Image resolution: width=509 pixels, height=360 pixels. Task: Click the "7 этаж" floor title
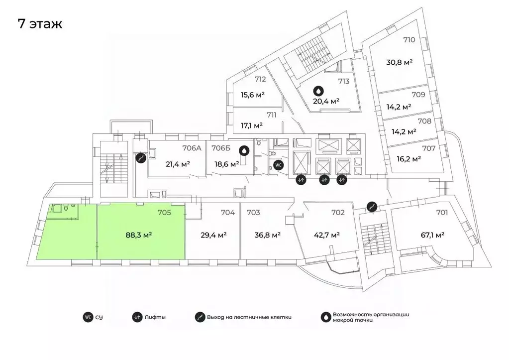pos(40,24)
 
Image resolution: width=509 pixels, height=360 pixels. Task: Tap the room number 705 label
pos(164,213)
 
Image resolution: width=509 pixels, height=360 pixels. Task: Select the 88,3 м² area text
pos(139,235)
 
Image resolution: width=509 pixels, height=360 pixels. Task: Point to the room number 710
pos(409,40)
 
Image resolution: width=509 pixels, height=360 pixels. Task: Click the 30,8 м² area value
pos(399,62)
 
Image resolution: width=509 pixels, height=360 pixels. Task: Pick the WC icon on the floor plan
pos(279,165)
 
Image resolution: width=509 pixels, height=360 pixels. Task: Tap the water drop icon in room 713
pos(319,90)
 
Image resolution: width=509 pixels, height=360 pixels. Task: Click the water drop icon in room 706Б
pos(244,150)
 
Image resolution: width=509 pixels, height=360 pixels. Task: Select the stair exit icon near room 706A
pos(141,158)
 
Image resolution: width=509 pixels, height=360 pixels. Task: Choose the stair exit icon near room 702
pos(372,206)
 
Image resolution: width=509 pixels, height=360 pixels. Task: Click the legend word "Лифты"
pos(155,317)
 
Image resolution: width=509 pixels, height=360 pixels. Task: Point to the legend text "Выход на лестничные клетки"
pos(249,317)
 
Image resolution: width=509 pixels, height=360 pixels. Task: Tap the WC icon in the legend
pos(88,317)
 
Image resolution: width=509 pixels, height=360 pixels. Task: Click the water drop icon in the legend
pos(325,317)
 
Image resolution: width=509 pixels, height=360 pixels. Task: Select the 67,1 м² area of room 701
pos(432,235)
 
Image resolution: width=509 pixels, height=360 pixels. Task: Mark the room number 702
pos(338,213)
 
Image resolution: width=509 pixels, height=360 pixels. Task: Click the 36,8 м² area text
pos(268,235)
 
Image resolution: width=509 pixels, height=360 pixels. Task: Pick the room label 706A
pos(192,148)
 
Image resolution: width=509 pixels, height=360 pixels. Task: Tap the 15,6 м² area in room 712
pos(253,95)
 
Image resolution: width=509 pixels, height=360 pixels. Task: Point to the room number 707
pos(428,148)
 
